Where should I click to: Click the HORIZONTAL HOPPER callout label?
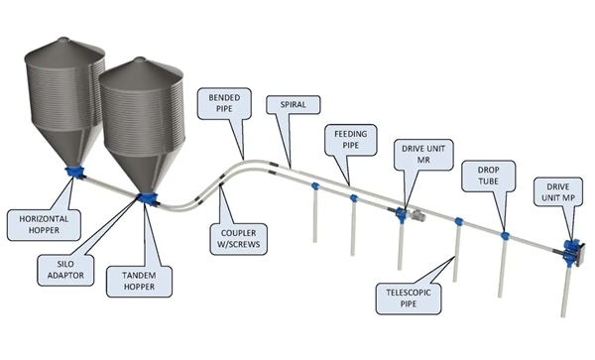[x=44, y=225]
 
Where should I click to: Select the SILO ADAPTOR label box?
[x=65, y=270]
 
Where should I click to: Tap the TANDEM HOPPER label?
[x=139, y=281]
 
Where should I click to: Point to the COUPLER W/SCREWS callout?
[x=238, y=239]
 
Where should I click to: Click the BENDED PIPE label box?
[x=224, y=103]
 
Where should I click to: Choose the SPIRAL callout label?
[x=293, y=104]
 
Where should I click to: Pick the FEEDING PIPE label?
[x=351, y=140]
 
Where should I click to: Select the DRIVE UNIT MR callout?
[x=423, y=155]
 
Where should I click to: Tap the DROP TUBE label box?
[x=488, y=176]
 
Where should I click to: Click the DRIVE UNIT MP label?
[x=557, y=192]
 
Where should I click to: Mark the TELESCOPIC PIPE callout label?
[x=409, y=299]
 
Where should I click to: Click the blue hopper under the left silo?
[x=75, y=173]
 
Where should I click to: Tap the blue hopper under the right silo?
[x=147, y=198]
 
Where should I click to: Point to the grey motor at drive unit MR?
[x=416, y=215]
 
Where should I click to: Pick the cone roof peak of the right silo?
[x=140, y=59]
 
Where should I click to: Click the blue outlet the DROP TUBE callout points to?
[x=505, y=236]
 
